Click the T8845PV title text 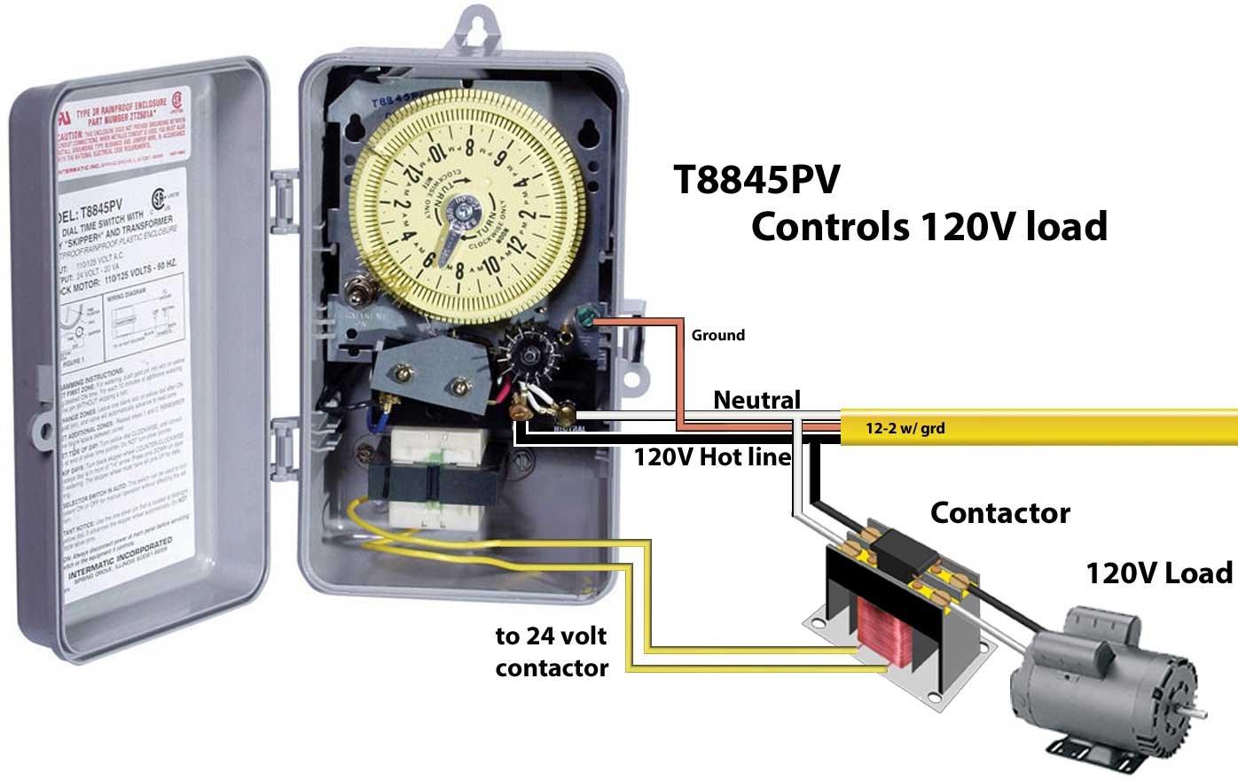tap(756, 181)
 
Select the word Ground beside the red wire tap(717, 335)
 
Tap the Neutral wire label tap(756, 400)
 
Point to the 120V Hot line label tap(711, 457)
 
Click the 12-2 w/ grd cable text tap(905, 429)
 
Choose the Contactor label tap(999, 512)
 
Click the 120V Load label tap(1159, 573)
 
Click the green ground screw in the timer tap(584, 317)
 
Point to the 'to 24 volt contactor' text tap(551, 651)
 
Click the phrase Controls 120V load tap(928, 226)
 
